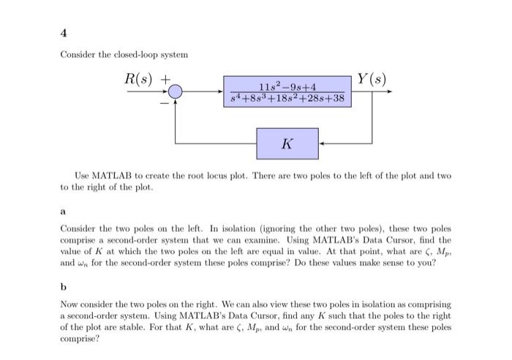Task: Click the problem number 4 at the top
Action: click(63, 31)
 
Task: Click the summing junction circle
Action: click(176, 91)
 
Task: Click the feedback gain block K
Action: click(287, 143)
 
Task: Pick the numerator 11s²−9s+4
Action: click(287, 86)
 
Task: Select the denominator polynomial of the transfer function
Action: click(287, 97)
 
